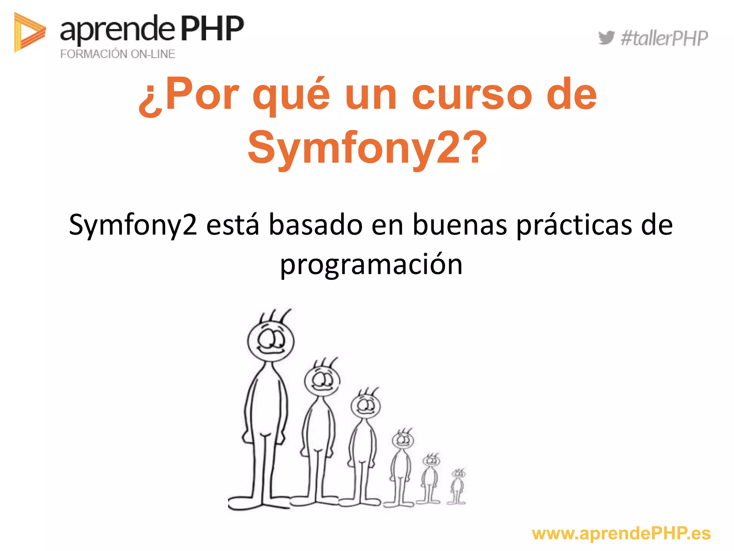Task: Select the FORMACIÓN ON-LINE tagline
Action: [118, 54]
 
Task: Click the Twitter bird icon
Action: [606, 38]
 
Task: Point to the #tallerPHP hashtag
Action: [664, 38]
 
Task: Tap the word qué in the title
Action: [291, 95]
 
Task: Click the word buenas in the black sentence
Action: [460, 225]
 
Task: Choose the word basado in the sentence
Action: [315, 225]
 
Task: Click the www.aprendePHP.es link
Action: [621, 533]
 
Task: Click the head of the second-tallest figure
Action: [322, 380]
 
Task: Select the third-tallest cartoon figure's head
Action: [366, 406]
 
